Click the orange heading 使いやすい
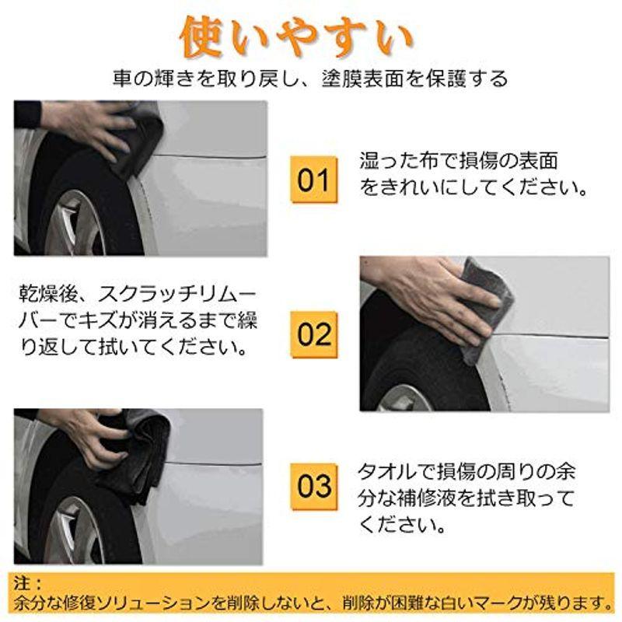coord(295,36)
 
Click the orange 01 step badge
coord(315,179)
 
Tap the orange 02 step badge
coord(315,334)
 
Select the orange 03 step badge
coord(315,486)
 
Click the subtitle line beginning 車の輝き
coord(310,79)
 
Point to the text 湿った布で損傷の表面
coord(459,162)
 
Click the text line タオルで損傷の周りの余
coord(466,471)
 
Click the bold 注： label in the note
coord(29,582)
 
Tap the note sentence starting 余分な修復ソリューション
coord(311,603)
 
